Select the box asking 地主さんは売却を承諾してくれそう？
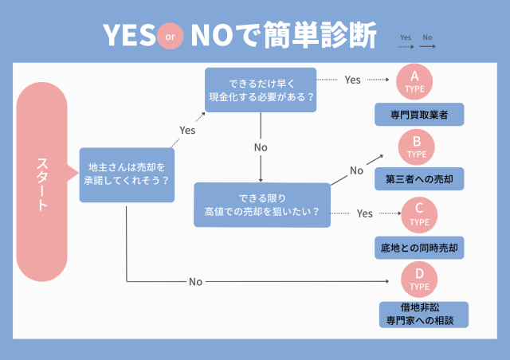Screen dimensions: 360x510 pos(127,174)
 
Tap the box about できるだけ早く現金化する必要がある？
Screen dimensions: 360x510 pos(261,89)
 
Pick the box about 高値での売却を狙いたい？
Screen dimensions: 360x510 pos(262,205)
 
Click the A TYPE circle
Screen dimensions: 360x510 pos(414,81)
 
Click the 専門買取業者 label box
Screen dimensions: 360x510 pos(419,115)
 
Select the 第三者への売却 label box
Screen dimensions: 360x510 pos(419,180)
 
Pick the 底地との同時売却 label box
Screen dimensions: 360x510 pos(419,248)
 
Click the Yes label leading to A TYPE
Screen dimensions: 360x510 pos(352,80)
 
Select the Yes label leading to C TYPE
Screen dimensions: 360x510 pos(365,213)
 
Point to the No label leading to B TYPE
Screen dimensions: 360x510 pos(356,170)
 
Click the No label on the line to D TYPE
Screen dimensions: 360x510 pos(195,281)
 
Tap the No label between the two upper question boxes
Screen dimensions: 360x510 pos(261,147)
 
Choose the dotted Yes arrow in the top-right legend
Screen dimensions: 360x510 pos(406,46)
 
